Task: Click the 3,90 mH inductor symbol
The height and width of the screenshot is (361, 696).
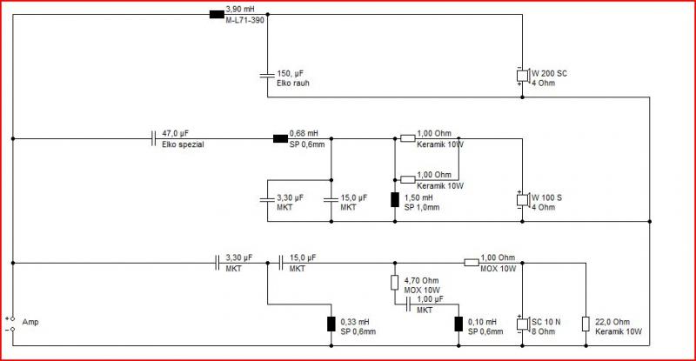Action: (217, 14)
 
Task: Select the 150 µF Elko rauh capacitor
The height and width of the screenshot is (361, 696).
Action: (267, 76)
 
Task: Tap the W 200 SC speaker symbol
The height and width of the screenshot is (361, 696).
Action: (523, 76)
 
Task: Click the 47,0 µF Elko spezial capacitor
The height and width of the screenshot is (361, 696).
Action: (153, 138)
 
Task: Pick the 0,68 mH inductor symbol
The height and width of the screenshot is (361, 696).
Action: (280, 138)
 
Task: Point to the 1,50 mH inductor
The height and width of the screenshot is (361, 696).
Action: (395, 200)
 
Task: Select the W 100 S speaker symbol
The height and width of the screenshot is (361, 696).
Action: (523, 200)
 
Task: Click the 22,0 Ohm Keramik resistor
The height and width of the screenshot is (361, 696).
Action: (586, 324)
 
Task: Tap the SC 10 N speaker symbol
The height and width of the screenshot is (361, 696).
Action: (523, 324)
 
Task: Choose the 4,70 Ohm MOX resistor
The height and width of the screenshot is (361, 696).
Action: (395, 283)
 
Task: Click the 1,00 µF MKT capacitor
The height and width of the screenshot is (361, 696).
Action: (408, 304)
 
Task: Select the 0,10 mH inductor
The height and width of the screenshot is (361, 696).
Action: (458, 324)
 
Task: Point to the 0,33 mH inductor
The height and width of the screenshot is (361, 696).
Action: (331, 324)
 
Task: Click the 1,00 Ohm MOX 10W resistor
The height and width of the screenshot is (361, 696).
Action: (472, 263)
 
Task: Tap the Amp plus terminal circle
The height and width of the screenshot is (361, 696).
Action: (12, 319)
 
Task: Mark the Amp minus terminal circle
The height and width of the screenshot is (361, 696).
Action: (12, 329)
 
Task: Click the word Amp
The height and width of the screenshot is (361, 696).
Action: (30, 322)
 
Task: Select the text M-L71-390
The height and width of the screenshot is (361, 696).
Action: (245, 20)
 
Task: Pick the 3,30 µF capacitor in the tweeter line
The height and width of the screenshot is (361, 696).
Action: (217, 263)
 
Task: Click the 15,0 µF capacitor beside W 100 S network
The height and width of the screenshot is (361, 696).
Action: (331, 200)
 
